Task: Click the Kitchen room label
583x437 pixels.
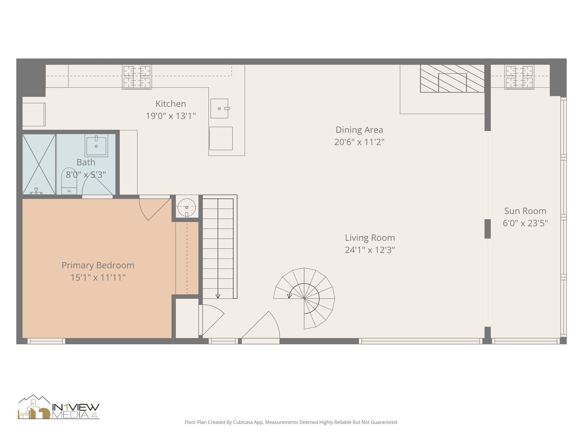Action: (171, 104)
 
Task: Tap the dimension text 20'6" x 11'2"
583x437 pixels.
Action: (359, 142)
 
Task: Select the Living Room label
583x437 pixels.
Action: (369, 238)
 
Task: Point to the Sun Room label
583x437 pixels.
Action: (525, 211)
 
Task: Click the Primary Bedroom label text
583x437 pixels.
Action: (98, 265)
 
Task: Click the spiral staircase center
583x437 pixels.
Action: (304, 298)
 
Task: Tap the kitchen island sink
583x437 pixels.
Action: (219, 108)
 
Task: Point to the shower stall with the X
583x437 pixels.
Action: (39, 164)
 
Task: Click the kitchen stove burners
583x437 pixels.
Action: (137, 77)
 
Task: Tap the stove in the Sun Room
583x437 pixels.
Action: (519, 77)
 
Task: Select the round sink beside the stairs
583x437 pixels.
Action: (187, 207)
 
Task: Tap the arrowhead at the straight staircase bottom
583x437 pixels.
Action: (218, 296)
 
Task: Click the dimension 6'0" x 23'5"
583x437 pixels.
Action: (525, 223)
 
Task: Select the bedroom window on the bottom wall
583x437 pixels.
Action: (46, 341)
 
